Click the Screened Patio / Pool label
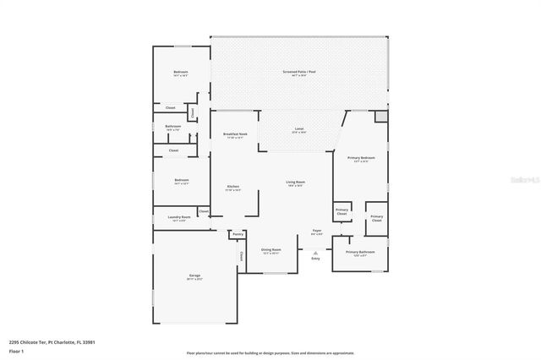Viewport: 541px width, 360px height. click(299, 72)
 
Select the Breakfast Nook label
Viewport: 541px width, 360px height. click(235, 134)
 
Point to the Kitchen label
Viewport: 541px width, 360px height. click(232, 187)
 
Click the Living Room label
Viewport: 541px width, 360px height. click(295, 183)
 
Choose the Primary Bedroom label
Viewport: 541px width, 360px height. click(361, 158)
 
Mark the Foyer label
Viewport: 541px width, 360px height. click(317, 230)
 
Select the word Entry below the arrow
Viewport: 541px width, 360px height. click(316, 259)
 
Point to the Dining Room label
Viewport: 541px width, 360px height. click(270, 250)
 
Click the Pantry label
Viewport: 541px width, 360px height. click(238, 234)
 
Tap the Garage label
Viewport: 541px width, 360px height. click(194, 276)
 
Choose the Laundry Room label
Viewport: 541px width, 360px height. click(178, 217)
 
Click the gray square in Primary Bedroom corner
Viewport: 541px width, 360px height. click(380, 116)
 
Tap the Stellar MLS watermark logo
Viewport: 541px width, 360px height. click(517, 179)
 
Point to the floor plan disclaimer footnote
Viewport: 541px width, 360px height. click(270, 352)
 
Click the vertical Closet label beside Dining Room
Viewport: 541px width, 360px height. click(240, 256)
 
